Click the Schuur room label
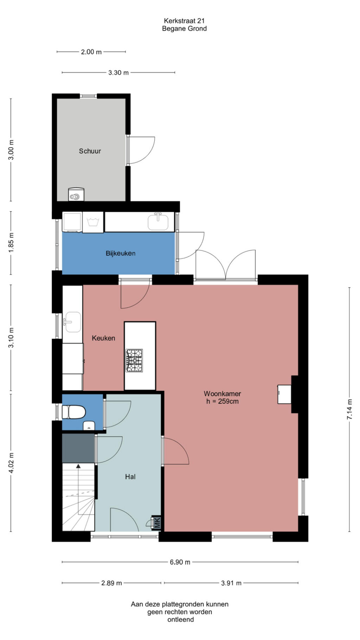[x=90, y=151]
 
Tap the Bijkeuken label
[x=121, y=253]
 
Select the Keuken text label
[x=103, y=338]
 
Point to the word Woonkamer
[x=222, y=394]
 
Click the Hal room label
[x=130, y=477]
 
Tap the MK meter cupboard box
[x=156, y=522]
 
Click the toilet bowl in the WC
[x=74, y=412]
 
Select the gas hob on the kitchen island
[x=134, y=360]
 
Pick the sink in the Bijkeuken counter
[x=158, y=222]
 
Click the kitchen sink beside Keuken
[x=72, y=322]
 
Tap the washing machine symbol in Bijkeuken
[x=93, y=222]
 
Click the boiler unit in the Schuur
[x=76, y=194]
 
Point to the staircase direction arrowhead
[x=78, y=466]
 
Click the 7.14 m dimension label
[x=349, y=409]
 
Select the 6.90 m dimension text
[x=180, y=562]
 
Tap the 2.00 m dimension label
[x=91, y=52]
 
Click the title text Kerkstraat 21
[x=184, y=21]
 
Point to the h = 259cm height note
[x=222, y=401]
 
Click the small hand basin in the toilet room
[x=89, y=426]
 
